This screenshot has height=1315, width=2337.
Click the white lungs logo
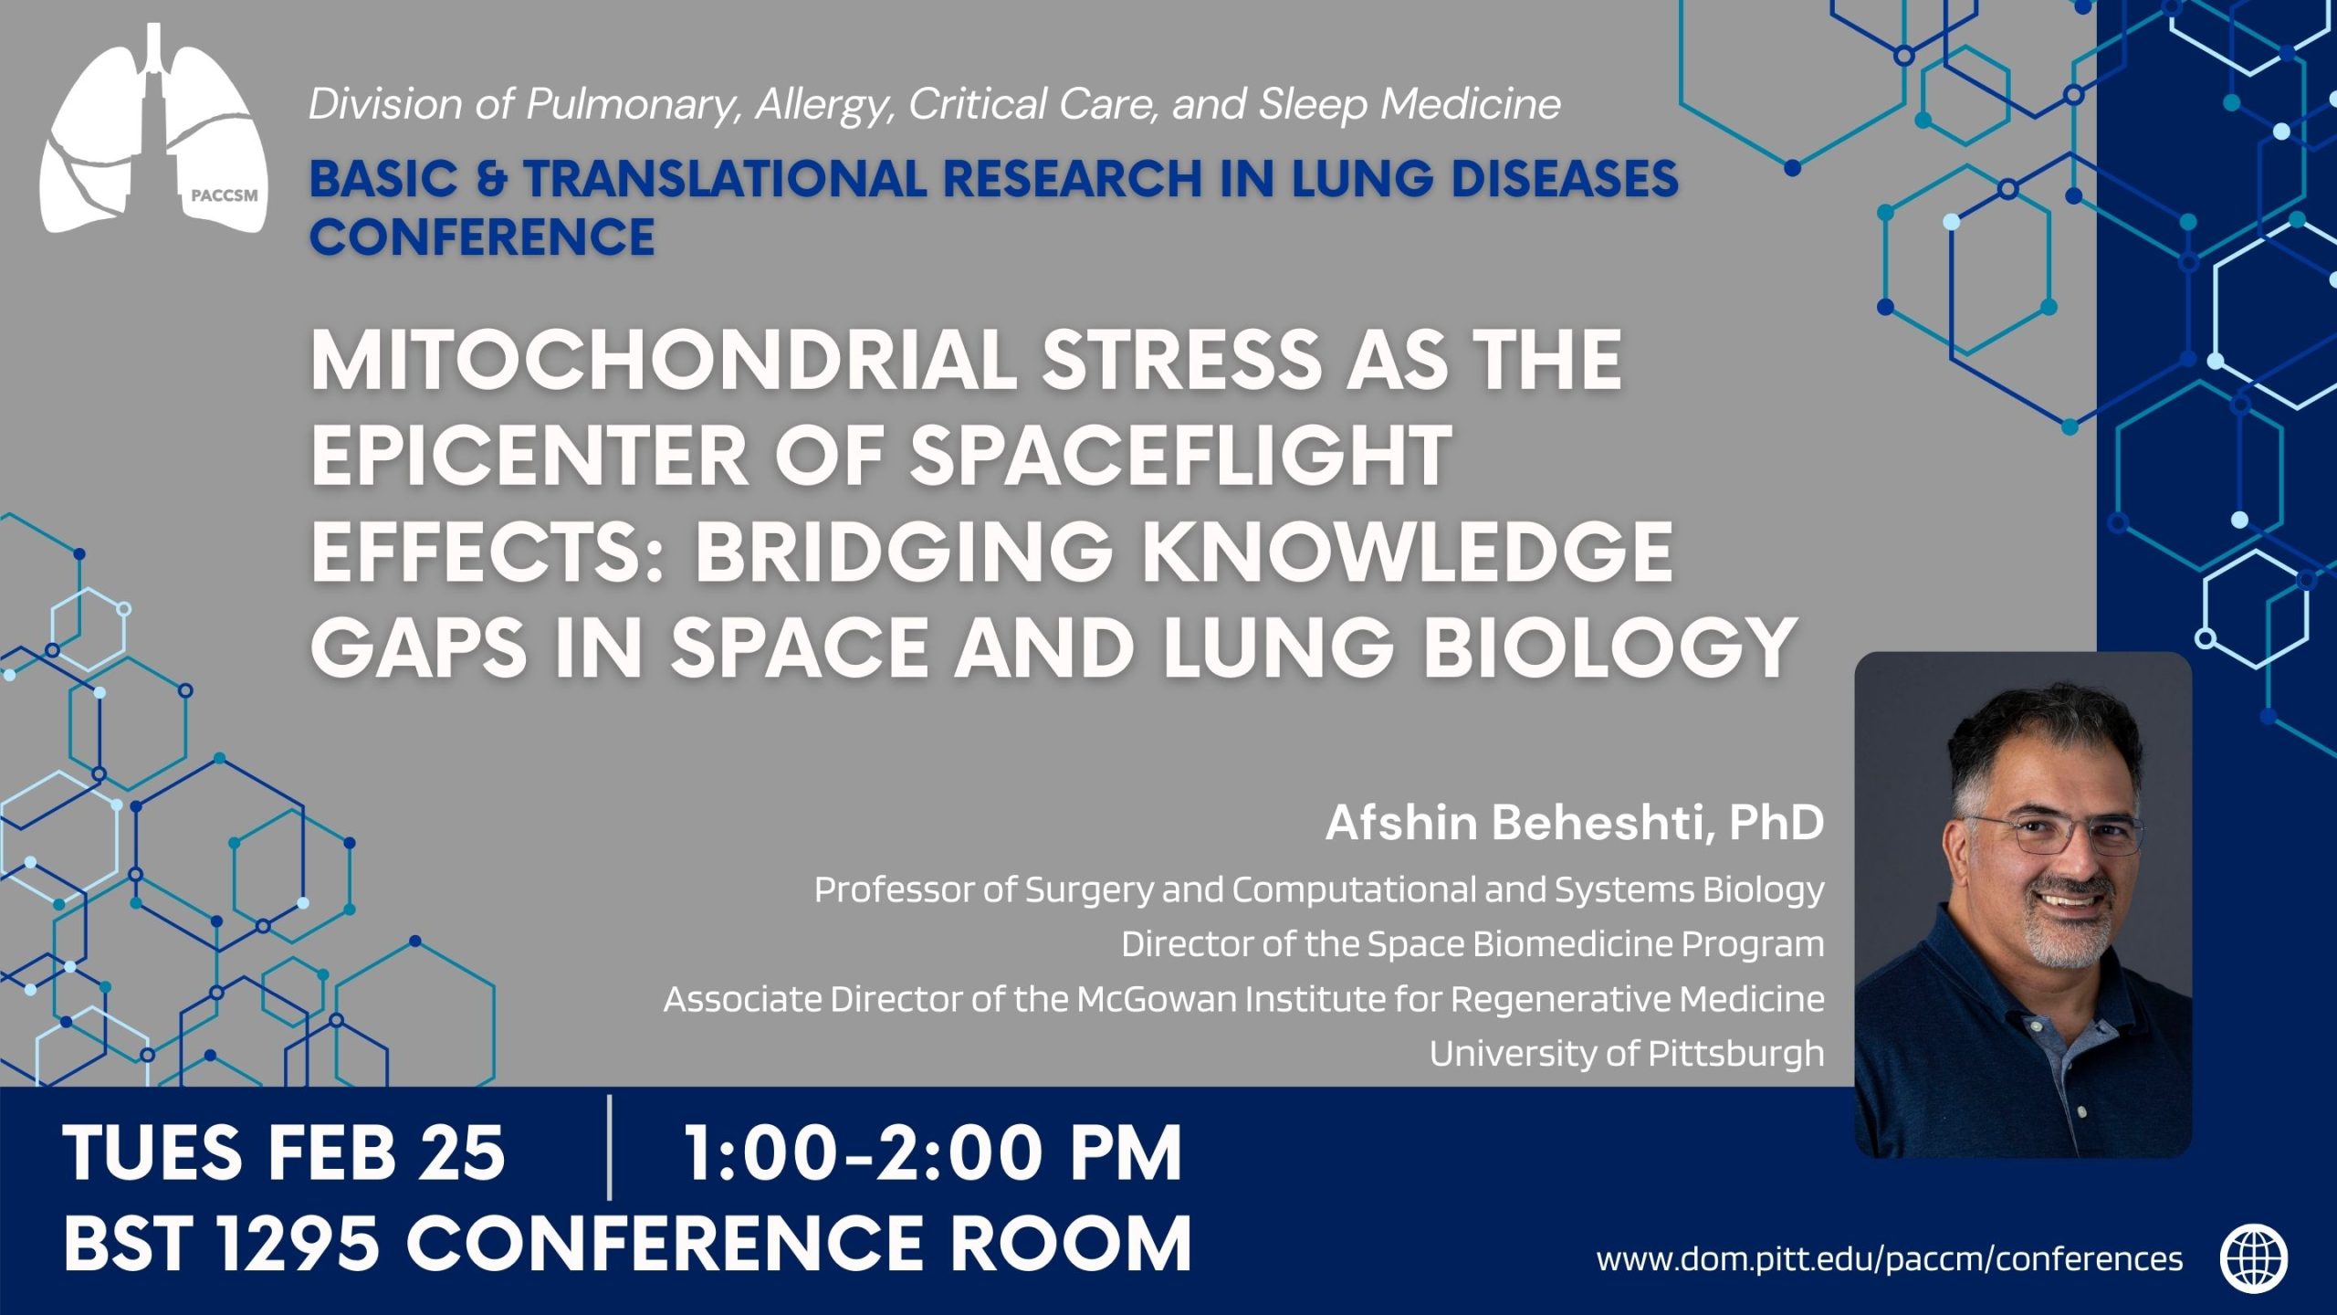point(153,128)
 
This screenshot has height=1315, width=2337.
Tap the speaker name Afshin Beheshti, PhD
point(1575,823)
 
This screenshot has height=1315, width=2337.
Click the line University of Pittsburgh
point(1627,1054)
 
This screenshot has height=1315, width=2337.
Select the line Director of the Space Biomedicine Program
point(1472,944)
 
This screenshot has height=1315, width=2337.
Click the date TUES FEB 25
point(284,1152)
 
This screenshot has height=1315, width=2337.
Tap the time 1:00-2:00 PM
point(932,1152)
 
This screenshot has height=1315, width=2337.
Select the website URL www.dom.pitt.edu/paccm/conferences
point(1890,1259)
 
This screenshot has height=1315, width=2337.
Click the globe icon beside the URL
point(2254,1258)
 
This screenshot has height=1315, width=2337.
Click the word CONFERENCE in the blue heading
point(482,237)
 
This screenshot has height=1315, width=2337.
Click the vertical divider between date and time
point(609,1149)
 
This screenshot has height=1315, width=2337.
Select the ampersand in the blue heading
point(490,177)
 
